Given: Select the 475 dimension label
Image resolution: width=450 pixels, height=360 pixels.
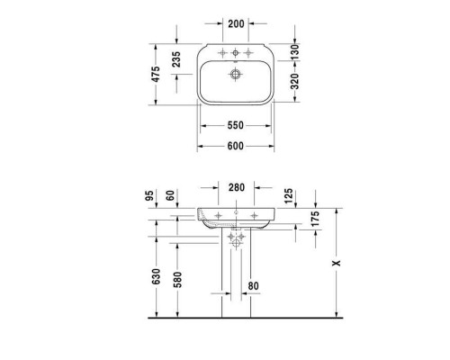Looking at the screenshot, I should (157, 75).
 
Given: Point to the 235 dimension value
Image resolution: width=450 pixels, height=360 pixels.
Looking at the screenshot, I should (177, 58).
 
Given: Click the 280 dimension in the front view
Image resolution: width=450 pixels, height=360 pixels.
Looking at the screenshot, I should (236, 187).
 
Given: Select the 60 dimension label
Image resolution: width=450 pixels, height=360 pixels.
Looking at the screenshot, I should (170, 195).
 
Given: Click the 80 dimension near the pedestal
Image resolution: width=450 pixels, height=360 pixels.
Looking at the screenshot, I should (253, 287).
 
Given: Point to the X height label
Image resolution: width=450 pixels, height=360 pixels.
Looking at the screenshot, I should (337, 264).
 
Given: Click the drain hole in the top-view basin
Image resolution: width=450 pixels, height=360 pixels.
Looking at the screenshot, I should (236, 75).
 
